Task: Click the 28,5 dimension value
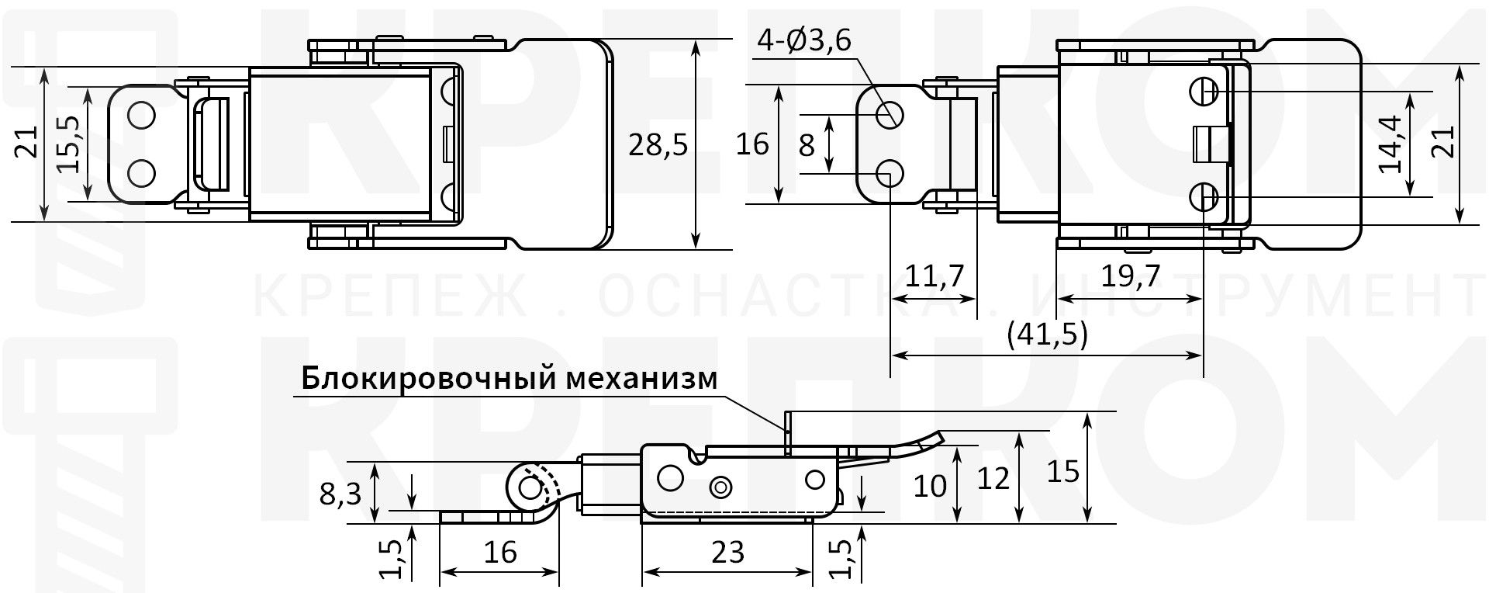pos(658,145)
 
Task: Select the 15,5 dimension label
pos(69,144)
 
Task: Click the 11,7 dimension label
pos(934,276)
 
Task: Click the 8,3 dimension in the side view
pos(340,492)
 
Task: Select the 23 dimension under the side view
pos(727,552)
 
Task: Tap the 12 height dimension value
pos(993,478)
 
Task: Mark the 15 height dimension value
pos(1062,471)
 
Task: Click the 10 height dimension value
pos(930,487)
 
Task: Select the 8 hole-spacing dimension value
pos(807,144)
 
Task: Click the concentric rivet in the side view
pos(722,487)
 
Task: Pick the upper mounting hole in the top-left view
pos(142,116)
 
